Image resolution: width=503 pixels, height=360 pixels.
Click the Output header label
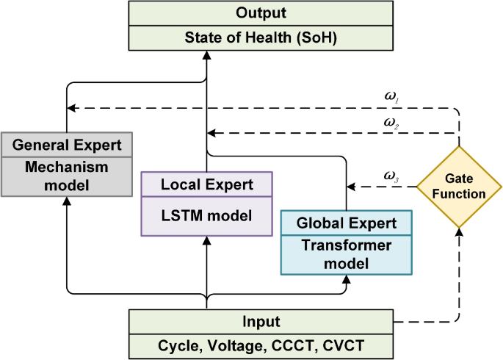point(206,14)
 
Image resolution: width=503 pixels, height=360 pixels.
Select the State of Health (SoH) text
point(206,38)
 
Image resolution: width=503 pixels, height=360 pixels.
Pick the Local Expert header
point(206,184)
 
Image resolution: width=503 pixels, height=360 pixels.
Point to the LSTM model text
point(206,216)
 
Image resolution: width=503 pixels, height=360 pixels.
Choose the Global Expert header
point(346,222)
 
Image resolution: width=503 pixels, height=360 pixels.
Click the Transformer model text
point(346,253)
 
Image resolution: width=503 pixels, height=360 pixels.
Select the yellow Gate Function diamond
point(460,187)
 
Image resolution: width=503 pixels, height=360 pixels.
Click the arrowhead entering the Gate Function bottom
point(460,232)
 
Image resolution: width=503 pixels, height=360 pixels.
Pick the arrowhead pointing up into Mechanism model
point(67,202)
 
